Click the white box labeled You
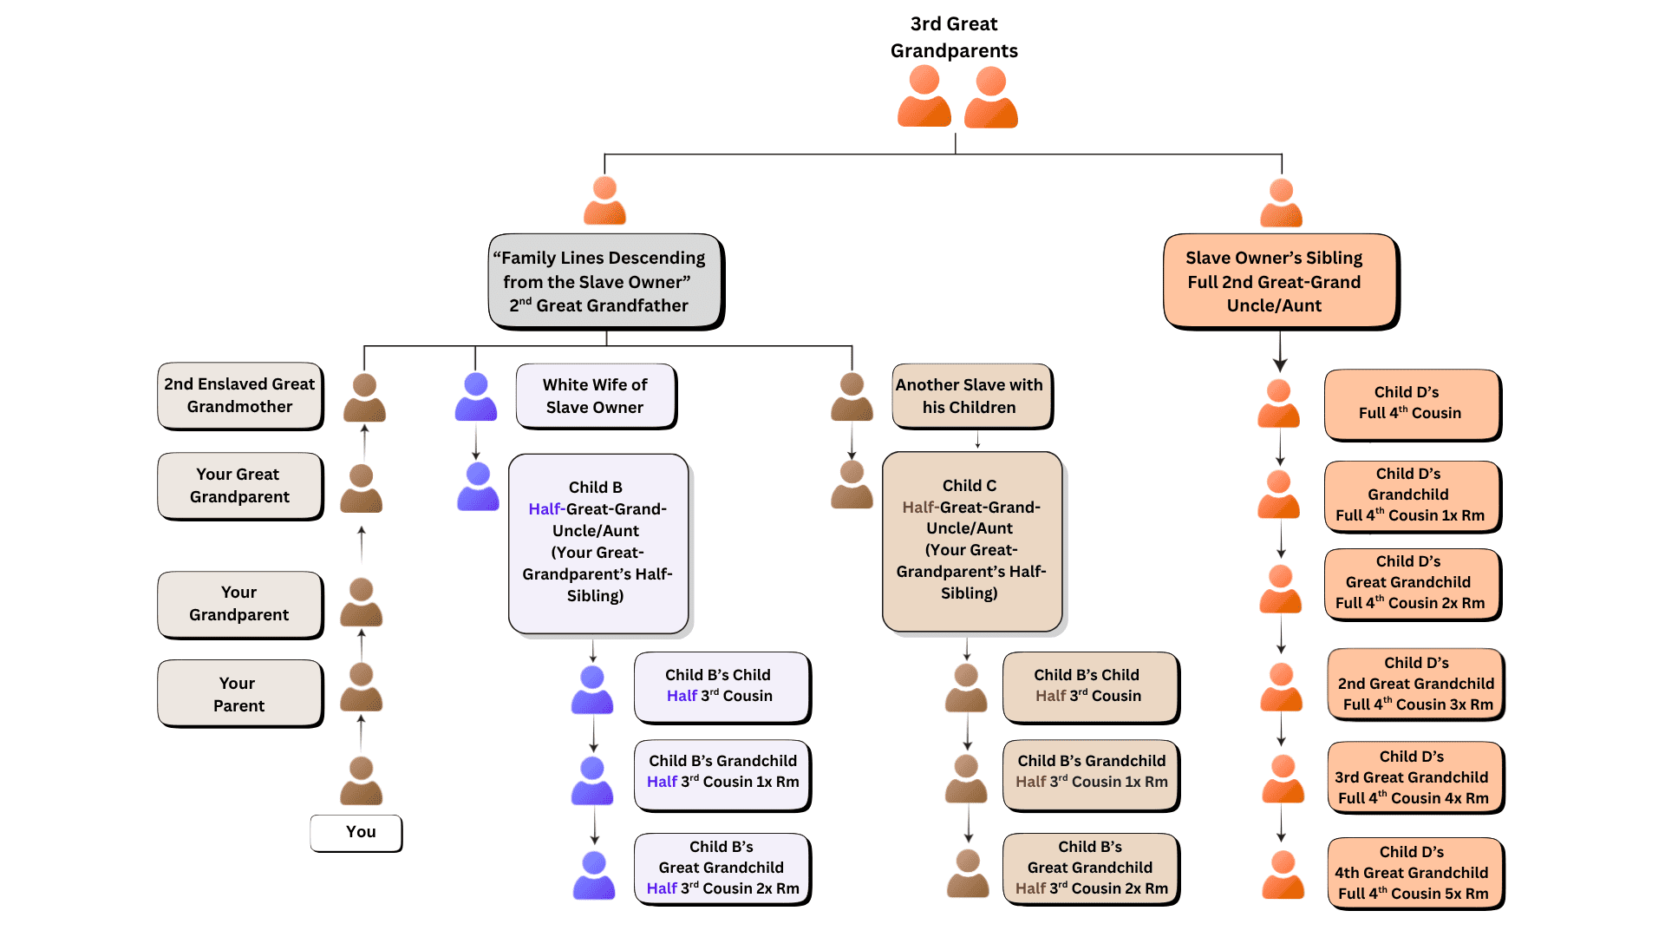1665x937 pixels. (356, 833)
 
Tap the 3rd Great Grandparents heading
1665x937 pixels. (954, 37)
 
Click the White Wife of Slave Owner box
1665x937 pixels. (595, 396)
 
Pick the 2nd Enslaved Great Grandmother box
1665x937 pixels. (239, 396)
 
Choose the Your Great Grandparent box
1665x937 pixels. (239, 486)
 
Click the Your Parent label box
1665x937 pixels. (239, 694)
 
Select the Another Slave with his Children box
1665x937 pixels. (970, 396)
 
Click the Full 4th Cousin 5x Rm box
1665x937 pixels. (1415, 874)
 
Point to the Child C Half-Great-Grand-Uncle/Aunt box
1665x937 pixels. (971, 541)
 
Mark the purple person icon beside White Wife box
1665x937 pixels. (476, 397)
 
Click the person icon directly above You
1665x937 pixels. (361, 780)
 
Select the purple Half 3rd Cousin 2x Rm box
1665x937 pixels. (722, 868)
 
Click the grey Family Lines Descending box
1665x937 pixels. (604, 281)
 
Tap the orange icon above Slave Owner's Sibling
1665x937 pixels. (1281, 202)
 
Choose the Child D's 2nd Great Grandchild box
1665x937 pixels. (1415, 684)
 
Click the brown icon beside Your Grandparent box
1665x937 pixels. (361, 602)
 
